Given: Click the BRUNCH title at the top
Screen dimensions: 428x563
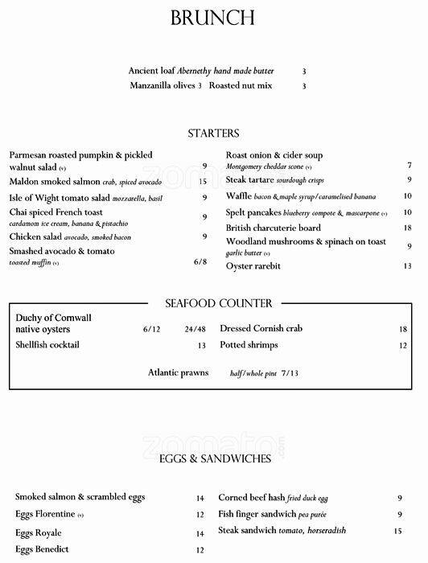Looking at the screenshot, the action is [213, 18].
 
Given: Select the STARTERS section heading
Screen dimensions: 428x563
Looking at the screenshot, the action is [213, 133].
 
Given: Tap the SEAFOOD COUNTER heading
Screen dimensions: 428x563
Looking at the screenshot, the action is [218, 303].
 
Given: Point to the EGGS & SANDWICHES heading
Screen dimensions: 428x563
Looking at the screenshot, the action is [215, 458].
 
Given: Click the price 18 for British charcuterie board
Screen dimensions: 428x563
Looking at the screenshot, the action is [407, 228].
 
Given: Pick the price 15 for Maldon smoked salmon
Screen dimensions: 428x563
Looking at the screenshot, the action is [203, 182].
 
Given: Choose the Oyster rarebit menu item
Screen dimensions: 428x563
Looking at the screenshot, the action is [253, 266].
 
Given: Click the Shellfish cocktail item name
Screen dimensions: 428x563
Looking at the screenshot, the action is [47, 345].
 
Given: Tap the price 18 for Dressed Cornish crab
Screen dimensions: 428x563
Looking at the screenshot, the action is [403, 329].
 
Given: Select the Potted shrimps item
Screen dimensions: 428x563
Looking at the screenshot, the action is [249, 345].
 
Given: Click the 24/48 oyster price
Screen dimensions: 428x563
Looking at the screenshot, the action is [195, 329].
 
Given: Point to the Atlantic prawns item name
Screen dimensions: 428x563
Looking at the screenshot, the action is [178, 372].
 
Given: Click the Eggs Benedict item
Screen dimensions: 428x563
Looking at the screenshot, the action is [42, 549].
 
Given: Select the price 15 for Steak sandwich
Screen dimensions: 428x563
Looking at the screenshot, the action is [397, 531].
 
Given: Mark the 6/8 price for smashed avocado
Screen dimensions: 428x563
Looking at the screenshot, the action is [200, 262].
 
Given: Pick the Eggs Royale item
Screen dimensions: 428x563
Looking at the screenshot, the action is [38, 533].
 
